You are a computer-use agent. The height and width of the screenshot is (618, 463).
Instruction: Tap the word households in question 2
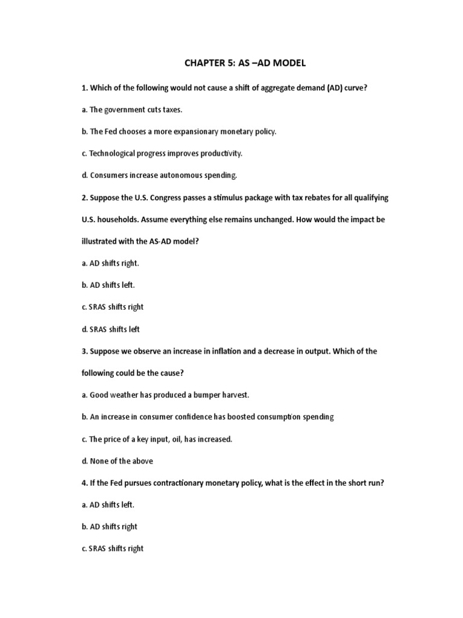pos(116,220)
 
